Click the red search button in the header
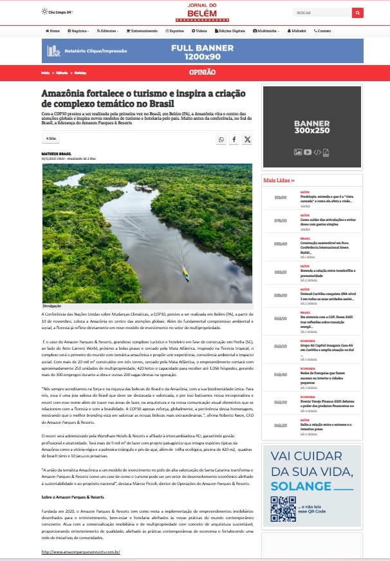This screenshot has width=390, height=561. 357,12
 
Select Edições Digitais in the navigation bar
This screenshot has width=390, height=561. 230,31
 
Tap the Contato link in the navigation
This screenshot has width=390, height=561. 322,31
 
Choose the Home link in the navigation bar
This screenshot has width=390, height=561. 53,31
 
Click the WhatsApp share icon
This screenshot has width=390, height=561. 221,139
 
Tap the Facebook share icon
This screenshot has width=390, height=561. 234,139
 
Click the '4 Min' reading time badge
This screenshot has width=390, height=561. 51,138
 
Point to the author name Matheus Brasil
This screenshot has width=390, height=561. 55,153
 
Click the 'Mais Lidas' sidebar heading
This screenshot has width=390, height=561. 279,181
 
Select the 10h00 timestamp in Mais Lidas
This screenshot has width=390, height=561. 280,198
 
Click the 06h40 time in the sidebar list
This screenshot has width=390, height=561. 280,374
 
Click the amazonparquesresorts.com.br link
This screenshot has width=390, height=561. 81,552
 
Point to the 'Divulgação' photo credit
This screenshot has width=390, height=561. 52,304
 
